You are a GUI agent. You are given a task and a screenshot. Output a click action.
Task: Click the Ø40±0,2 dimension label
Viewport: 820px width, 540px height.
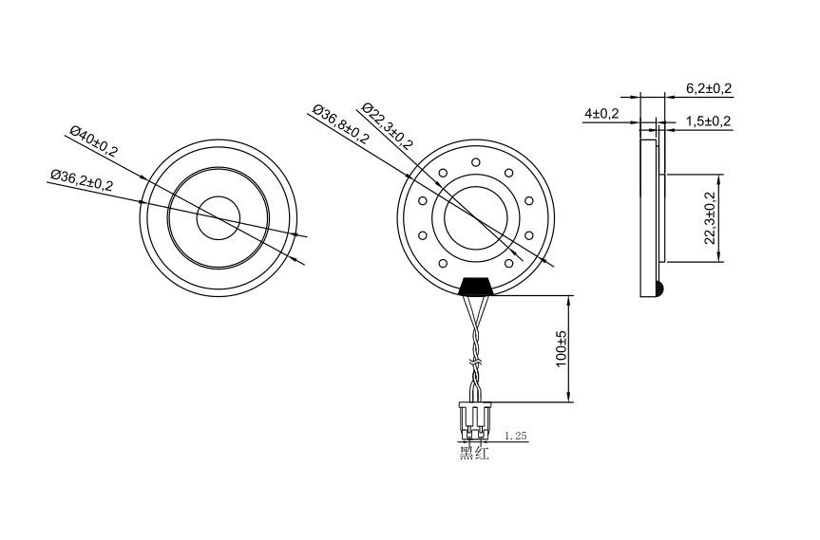click(94, 141)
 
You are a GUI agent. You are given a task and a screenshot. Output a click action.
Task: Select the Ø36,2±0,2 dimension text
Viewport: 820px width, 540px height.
click(82, 180)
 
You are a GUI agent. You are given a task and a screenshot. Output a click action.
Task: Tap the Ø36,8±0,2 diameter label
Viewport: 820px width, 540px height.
click(340, 123)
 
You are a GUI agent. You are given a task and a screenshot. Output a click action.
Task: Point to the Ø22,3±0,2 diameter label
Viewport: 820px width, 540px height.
click(387, 125)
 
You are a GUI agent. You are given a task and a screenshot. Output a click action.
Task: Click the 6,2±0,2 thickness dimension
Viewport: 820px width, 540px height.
click(709, 88)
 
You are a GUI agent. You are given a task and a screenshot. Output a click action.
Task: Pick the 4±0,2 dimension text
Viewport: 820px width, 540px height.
click(601, 113)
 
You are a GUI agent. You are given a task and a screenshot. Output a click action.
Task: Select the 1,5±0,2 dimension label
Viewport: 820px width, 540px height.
click(708, 121)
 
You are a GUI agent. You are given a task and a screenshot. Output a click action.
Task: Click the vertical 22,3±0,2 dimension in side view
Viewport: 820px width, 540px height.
click(710, 217)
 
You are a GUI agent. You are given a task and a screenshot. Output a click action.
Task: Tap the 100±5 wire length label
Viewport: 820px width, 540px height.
click(562, 349)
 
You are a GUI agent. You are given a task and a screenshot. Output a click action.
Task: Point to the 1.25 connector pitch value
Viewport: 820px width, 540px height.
click(515, 436)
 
